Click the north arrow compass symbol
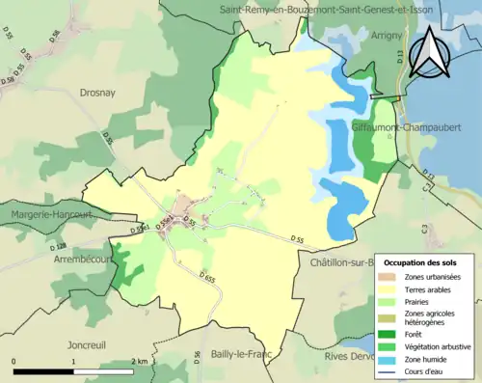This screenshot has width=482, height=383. [429, 51]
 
